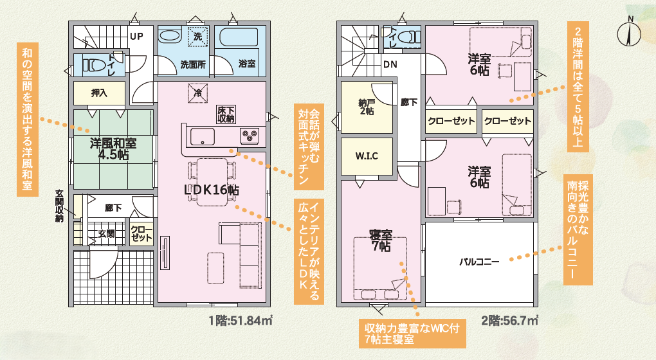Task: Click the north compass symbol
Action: pyautogui.click(x=629, y=32)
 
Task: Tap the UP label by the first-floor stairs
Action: pyautogui.click(x=136, y=37)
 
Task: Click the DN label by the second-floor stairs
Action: pyautogui.click(x=390, y=65)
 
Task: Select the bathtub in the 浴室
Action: pyautogui.click(x=239, y=37)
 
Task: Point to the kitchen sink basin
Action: pyautogui.click(x=203, y=137)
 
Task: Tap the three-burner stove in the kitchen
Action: pyautogui.click(x=250, y=136)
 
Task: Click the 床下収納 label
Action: pyautogui.click(x=226, y=114)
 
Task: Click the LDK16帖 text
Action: pyautogui.click(x=212, y=190)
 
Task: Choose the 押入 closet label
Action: pyautogui.click(x=99, y=93)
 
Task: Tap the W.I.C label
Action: pyautogui.click(x=367, y=156)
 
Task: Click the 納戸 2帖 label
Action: pyautogui.click(x=367, y=107)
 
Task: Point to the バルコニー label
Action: pyautogui.click(x=479, y=262)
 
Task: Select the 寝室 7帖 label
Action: pyautogui.click(x=381, y=240)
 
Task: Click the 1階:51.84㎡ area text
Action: pyautogui.click(x=241, y=321)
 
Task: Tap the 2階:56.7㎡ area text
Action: pyautogui.click(x=509, y=321)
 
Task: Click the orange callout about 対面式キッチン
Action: pyautogui.click(x=309, y=147)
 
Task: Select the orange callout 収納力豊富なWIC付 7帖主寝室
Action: pyautogui.click(x=412, y=334)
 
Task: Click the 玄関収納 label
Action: pyautogui.click(x=59, y=206)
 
